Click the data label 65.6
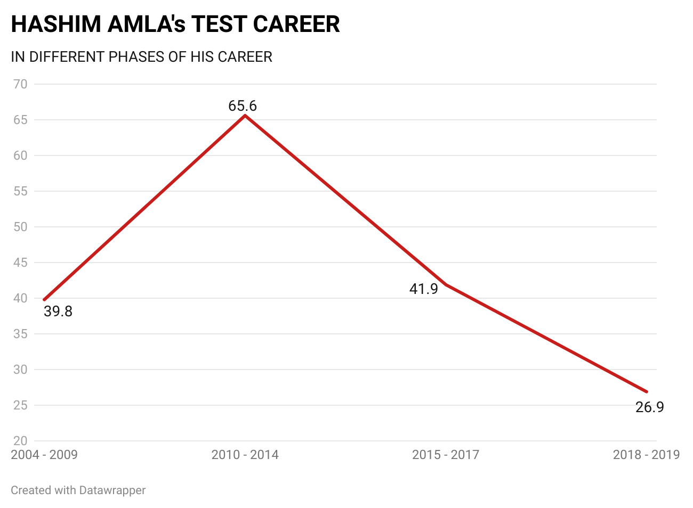(243, 106)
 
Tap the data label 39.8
(58, 312)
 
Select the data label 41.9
(424, 289)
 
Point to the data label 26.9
(650, 407)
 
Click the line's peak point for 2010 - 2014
(245, 115)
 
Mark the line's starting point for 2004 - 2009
(44, 299)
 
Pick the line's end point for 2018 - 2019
(647, 391)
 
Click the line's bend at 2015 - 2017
(446, 284)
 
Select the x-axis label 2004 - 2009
(44, 455)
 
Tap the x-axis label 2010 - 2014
(245, 455)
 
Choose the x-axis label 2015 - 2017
(446, 455)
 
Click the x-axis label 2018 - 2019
(646, 455)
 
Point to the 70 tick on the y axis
(21, 84)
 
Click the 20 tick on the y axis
(21, 441)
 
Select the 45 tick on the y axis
(21, 263)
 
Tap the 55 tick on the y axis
(21, 191)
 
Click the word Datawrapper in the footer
(112, 490)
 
